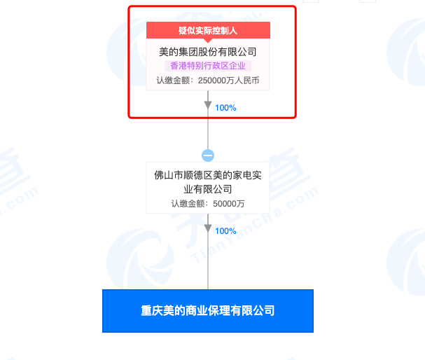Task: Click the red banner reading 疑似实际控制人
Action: tap(208, 30)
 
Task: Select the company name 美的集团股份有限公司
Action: tap(208, 52)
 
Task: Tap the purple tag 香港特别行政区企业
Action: tap(208, 66)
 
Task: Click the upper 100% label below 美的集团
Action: tap(225, 108)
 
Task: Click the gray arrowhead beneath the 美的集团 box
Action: tap(208, 105)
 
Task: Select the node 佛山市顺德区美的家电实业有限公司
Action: tap(208, 181)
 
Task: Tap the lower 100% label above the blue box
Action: tap(225, 231)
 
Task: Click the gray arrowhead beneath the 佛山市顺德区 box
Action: tap(208, 228)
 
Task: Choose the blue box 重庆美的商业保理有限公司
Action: tap(208, 310)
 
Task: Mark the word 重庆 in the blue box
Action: tap(151, 310)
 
